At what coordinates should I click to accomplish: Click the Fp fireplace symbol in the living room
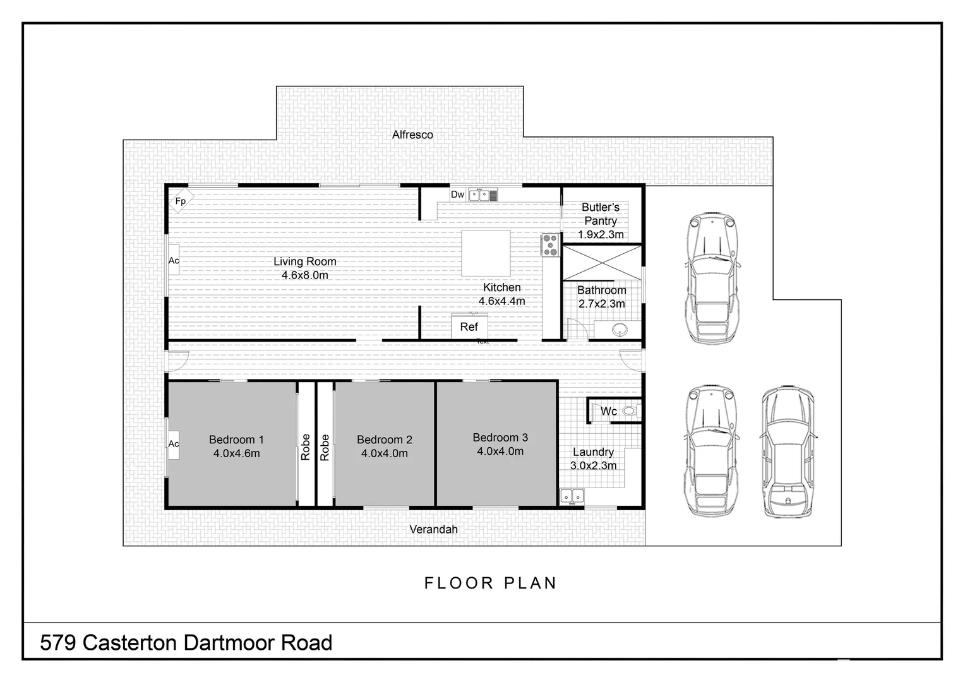coord(181,201)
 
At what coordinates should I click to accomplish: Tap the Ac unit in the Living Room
coord(174,260)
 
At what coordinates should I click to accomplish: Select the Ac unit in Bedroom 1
coord(174,444)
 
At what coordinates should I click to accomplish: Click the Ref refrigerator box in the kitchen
coord(469,326)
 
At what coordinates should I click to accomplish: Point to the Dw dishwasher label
coord(457,194)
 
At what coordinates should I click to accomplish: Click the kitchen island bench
coord(486,253)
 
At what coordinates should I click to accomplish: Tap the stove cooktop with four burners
coord(550,245)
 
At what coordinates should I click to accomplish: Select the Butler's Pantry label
coord(601,214)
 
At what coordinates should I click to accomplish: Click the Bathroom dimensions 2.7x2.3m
coord(602,304)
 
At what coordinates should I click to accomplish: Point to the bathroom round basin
coord(620,329)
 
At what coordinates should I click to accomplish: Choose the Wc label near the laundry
coord(608,411)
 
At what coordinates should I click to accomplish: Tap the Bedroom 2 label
coord(384,440)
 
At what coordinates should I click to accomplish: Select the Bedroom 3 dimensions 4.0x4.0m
coord(500,452)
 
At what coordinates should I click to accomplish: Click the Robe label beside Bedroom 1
coord(306,446)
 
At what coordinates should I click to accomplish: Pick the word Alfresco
coord(412,135)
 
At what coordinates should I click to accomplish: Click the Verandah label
coord(433,529)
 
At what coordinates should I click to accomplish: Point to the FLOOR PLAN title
coord(491,583)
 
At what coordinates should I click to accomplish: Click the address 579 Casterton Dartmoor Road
coord(186,643)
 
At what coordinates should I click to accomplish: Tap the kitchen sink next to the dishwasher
coord(479,194)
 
